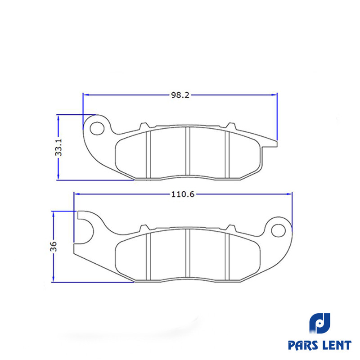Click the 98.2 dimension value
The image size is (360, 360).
point(180,95)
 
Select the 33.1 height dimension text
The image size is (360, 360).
point(59,147)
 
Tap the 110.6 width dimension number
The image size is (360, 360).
point(183,194)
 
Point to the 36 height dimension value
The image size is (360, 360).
point(54,246)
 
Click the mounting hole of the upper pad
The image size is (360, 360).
point(97,129)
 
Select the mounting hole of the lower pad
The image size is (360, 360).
point(278,230)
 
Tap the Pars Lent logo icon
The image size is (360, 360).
point(319,323)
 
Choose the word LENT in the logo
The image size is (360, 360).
point(337,345)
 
